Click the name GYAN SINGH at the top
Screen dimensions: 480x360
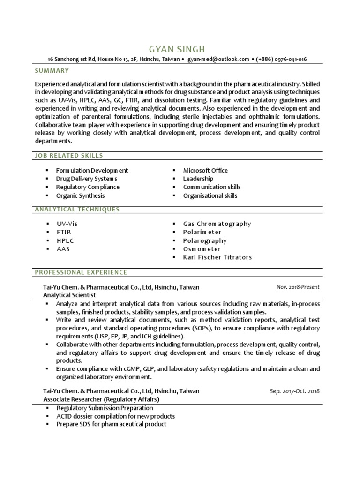tap(176, 49)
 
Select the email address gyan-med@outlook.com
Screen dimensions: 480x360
tap(218, 60)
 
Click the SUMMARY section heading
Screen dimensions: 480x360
tap(52, 71)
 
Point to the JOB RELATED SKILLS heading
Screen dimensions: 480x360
tap(69, 155)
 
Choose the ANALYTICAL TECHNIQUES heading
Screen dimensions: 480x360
tap(77, 209)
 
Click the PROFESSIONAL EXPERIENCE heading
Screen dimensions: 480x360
tap(81, 272)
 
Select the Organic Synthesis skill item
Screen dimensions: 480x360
tap(80, 195)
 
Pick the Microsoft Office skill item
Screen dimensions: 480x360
tap(205, 170)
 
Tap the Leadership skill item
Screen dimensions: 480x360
tap(198, 179)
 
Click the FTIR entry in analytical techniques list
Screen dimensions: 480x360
tap(63, 232)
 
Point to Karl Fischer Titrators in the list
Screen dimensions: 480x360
tap(217, 257)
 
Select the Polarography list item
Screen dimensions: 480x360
tap(205, 240)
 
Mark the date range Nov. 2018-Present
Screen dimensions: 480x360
tap(298, 287)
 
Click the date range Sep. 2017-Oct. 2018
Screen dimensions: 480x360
tap(294, 391)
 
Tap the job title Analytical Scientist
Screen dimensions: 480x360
tap(69, 295)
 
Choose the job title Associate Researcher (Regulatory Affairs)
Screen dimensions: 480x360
tap(101, 399)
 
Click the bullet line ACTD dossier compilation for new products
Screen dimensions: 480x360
tap(115, 416)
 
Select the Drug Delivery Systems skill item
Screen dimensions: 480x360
tap(86, 179)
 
